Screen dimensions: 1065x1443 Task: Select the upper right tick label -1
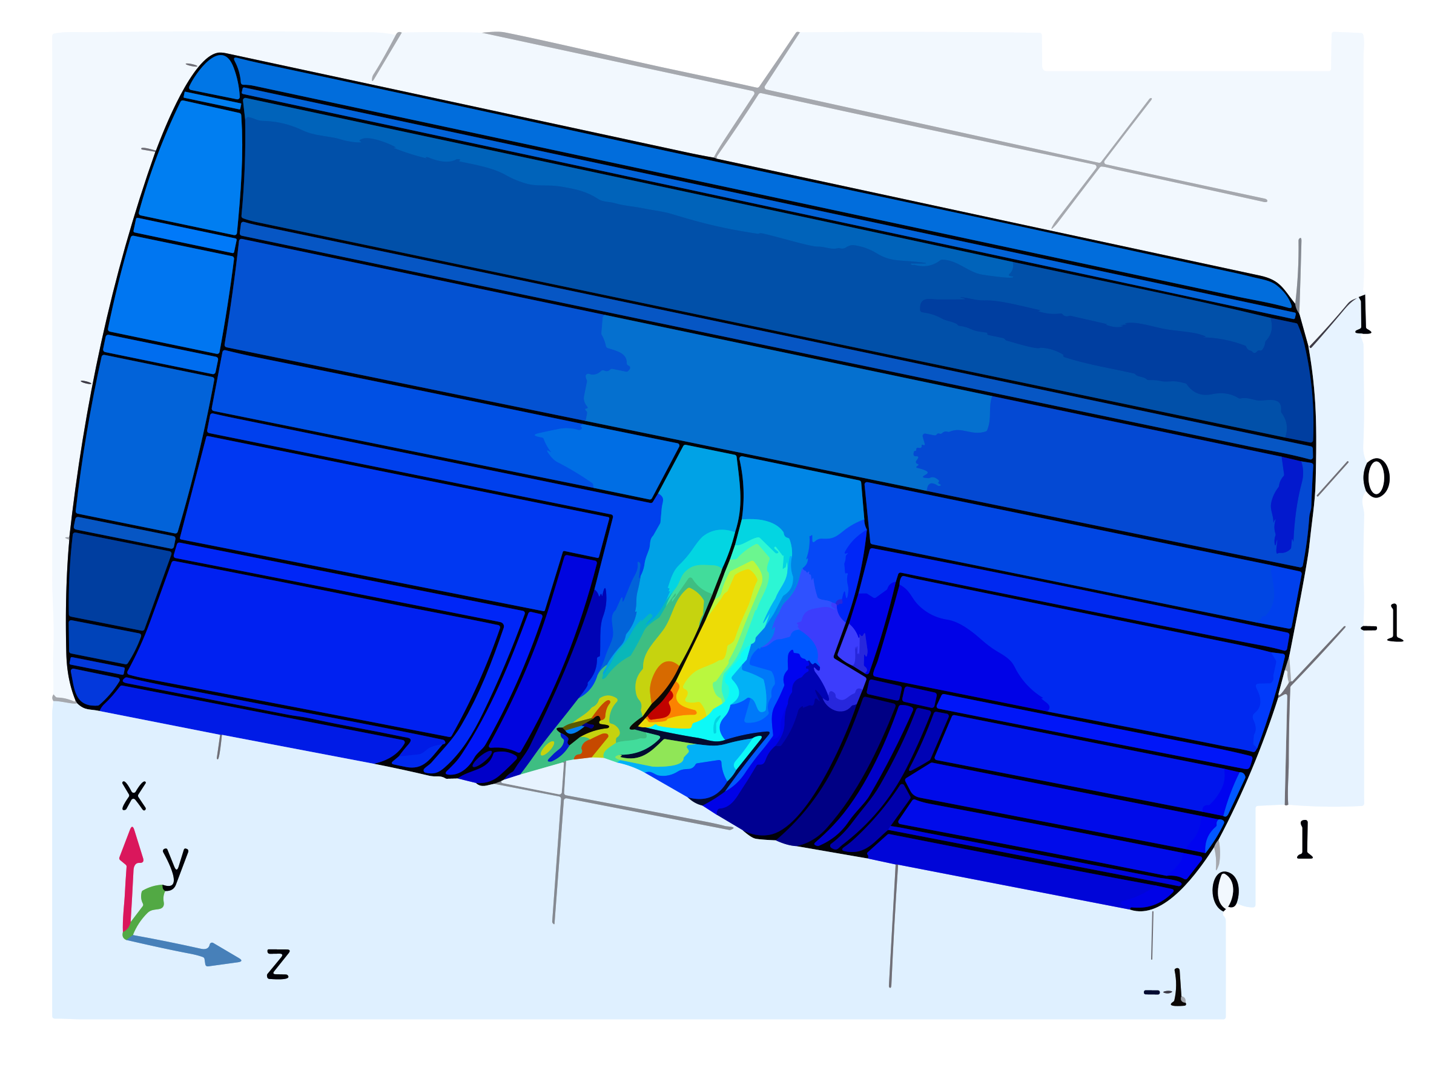click(1382, 624)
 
